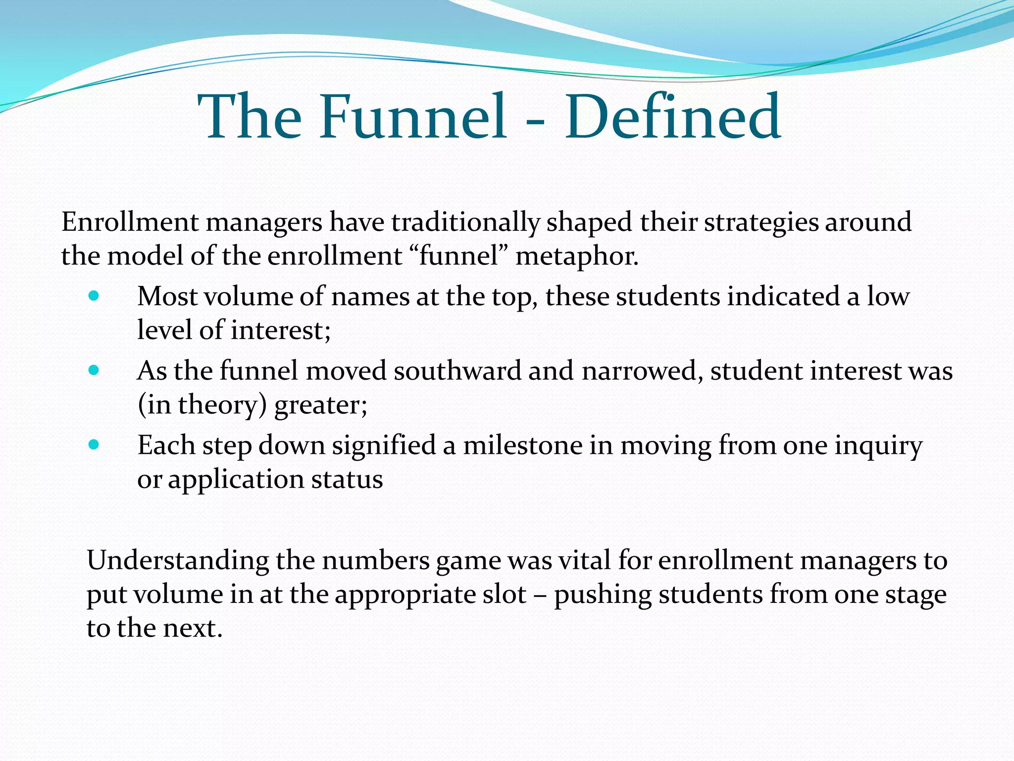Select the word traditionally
[x=465, y=222]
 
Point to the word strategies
[x=760, y=222]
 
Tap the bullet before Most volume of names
[x=94, y=296]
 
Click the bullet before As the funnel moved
[x=94, y=371]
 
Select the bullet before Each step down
[x=94, y=444]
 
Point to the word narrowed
[x=642, y=371]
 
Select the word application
[x=236, y=480]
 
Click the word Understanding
[x=178, y=561]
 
